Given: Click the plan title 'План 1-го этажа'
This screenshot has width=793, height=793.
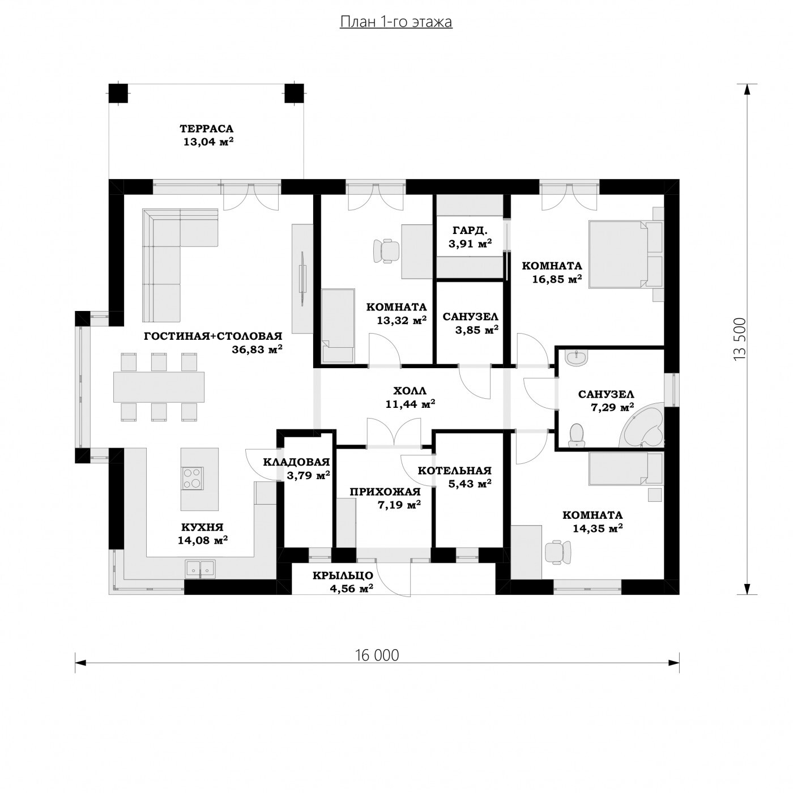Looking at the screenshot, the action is tap(396, 22).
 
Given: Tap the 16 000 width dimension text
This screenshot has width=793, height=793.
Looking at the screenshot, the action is tap(377, 655).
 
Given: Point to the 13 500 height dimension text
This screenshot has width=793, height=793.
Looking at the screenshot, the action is tap(739, 339).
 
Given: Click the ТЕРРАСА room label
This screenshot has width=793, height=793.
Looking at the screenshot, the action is tap(207, 129).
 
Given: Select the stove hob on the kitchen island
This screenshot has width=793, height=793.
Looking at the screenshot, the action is tap(192, 478).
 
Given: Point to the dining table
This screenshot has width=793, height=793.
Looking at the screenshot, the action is tap(159, 387).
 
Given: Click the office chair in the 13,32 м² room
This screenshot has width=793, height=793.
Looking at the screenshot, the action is tap(386, 250).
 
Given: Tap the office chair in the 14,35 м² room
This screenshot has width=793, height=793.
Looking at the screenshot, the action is tap(558, 552).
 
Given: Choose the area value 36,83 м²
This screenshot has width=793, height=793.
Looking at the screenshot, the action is tap(257, 349).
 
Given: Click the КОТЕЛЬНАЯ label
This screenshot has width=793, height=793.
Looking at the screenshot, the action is tap(454, 470).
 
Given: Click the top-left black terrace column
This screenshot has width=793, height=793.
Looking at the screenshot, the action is tap(118, 93).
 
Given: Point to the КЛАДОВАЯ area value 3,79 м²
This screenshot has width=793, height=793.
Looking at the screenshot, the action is tap(308, 475).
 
